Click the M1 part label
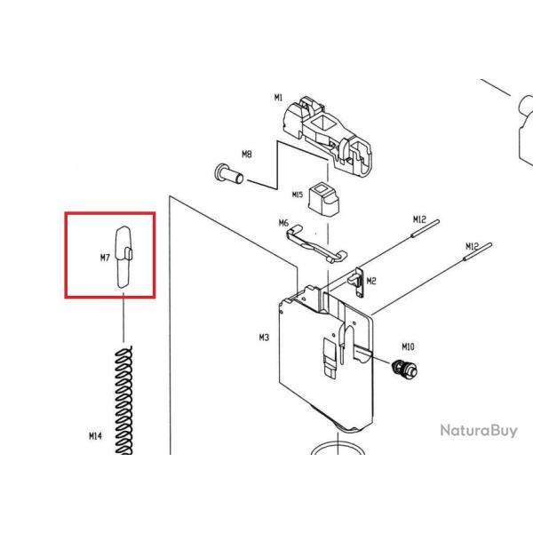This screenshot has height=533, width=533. click(x=278, y=98)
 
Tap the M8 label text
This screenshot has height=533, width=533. click(x=247, y=155)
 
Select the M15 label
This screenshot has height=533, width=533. click(x=298, y=195)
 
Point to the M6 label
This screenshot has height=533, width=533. click(x=283, y=223)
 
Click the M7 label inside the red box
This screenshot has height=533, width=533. click(x=105, y=258)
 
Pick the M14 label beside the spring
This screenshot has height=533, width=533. click(x=95, y=436)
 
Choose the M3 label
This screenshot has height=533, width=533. click(x=264, y=338)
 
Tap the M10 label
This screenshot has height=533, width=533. click(x=408, y=346)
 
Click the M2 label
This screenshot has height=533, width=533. click(x=371, y=281)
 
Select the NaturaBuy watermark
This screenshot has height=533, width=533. click(x=479, y=431)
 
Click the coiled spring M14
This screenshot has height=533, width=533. click(x=123, y=400)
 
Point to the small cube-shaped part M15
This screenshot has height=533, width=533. click(x=323, y=199)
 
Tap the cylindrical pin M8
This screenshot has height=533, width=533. click(x=229, y=174)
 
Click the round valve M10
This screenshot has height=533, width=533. click(x=404, y=369)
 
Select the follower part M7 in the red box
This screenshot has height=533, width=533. click(x=123, y=257)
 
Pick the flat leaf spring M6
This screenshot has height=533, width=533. click(x=316, y=244)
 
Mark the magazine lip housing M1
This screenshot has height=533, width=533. click(x=327, y=136)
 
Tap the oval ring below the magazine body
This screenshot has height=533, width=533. click(x=338, y=444)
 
